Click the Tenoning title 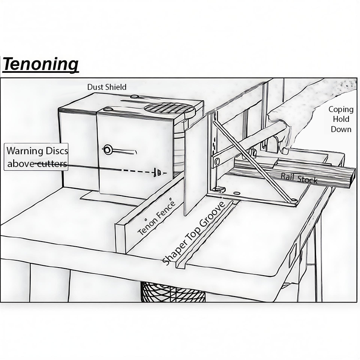[41, 64]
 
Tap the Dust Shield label [107, 87]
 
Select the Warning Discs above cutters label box [37, 157]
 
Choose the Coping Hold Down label [341, 119]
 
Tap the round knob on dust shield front [108, 149]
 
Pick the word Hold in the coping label [341, 119]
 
